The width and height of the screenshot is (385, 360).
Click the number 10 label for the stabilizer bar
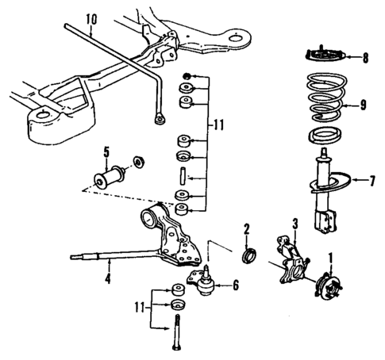coord(90,17)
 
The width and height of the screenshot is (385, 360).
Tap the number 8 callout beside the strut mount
coord(365,57)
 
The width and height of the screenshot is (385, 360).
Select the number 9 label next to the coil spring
coord(364,104)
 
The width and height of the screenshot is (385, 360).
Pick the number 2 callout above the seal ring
coord(247,231)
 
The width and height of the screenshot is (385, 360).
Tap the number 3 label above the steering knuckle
coord(295,224)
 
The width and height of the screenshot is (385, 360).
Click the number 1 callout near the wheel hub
coord(331,257)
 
